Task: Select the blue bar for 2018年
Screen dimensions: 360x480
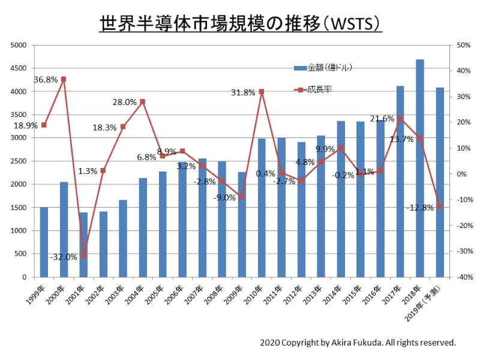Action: (x=420, y=168)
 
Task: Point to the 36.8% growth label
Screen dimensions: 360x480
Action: (x=46, y=79)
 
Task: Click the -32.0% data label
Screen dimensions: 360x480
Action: (x=64, y=257)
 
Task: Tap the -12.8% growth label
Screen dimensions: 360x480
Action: (x=419, y=208)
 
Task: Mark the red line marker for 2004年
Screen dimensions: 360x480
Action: (x=142, y=101)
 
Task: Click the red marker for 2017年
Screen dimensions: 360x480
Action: (x=400, y=118)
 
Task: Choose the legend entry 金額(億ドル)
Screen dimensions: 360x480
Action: (x=329, y=67)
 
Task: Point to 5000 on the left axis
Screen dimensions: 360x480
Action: (x=19, y=45)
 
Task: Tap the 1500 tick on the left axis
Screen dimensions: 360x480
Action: (x=19, y=208)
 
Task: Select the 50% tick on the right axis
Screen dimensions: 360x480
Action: (x=463, y=45)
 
